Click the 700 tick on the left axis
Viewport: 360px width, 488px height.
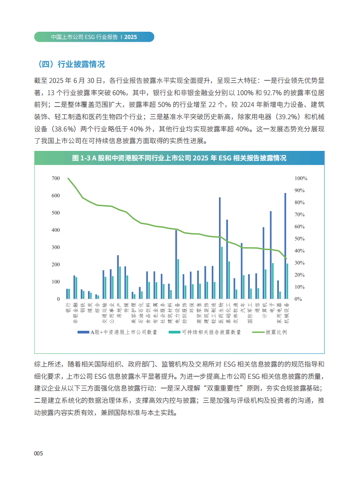[x=56, y=179]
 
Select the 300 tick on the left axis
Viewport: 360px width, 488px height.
[x=56, y=247]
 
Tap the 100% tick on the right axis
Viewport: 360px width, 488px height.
[x=301, y=179]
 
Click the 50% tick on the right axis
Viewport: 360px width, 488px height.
[x=301, y=239]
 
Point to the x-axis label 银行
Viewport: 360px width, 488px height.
[x=68, y=307]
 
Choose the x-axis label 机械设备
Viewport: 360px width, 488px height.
[x=286, y=312]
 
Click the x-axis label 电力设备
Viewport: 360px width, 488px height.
[x=177, y=312]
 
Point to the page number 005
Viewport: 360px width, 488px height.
[x=39, y=454]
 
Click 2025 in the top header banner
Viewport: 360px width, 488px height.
[x=131, y=37]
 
